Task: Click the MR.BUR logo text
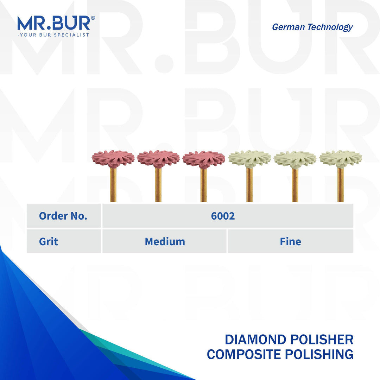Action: (x=53, y=23)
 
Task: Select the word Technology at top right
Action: (x=331, y=27)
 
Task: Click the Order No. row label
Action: (x=63, y=216)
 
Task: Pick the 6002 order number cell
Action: (x=223, y=216)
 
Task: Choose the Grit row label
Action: (x=49, y=241)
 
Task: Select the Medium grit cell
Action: (x=165, y=241)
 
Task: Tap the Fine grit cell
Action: (x=290, y=241)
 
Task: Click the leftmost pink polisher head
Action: (x=113, y=159)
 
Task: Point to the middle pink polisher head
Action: (x=158, y=159)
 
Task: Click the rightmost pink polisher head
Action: (x=204, y=159)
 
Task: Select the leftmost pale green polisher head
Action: (x=249, y=159)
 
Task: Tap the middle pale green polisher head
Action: (x=295, y=159)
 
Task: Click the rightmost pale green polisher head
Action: (x=341, y=159)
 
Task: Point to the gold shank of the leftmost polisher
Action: (x=113, y=185)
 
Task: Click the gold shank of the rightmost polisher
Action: (x=341, y=185)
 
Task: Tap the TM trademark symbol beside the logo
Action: (x=93, y=18)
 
